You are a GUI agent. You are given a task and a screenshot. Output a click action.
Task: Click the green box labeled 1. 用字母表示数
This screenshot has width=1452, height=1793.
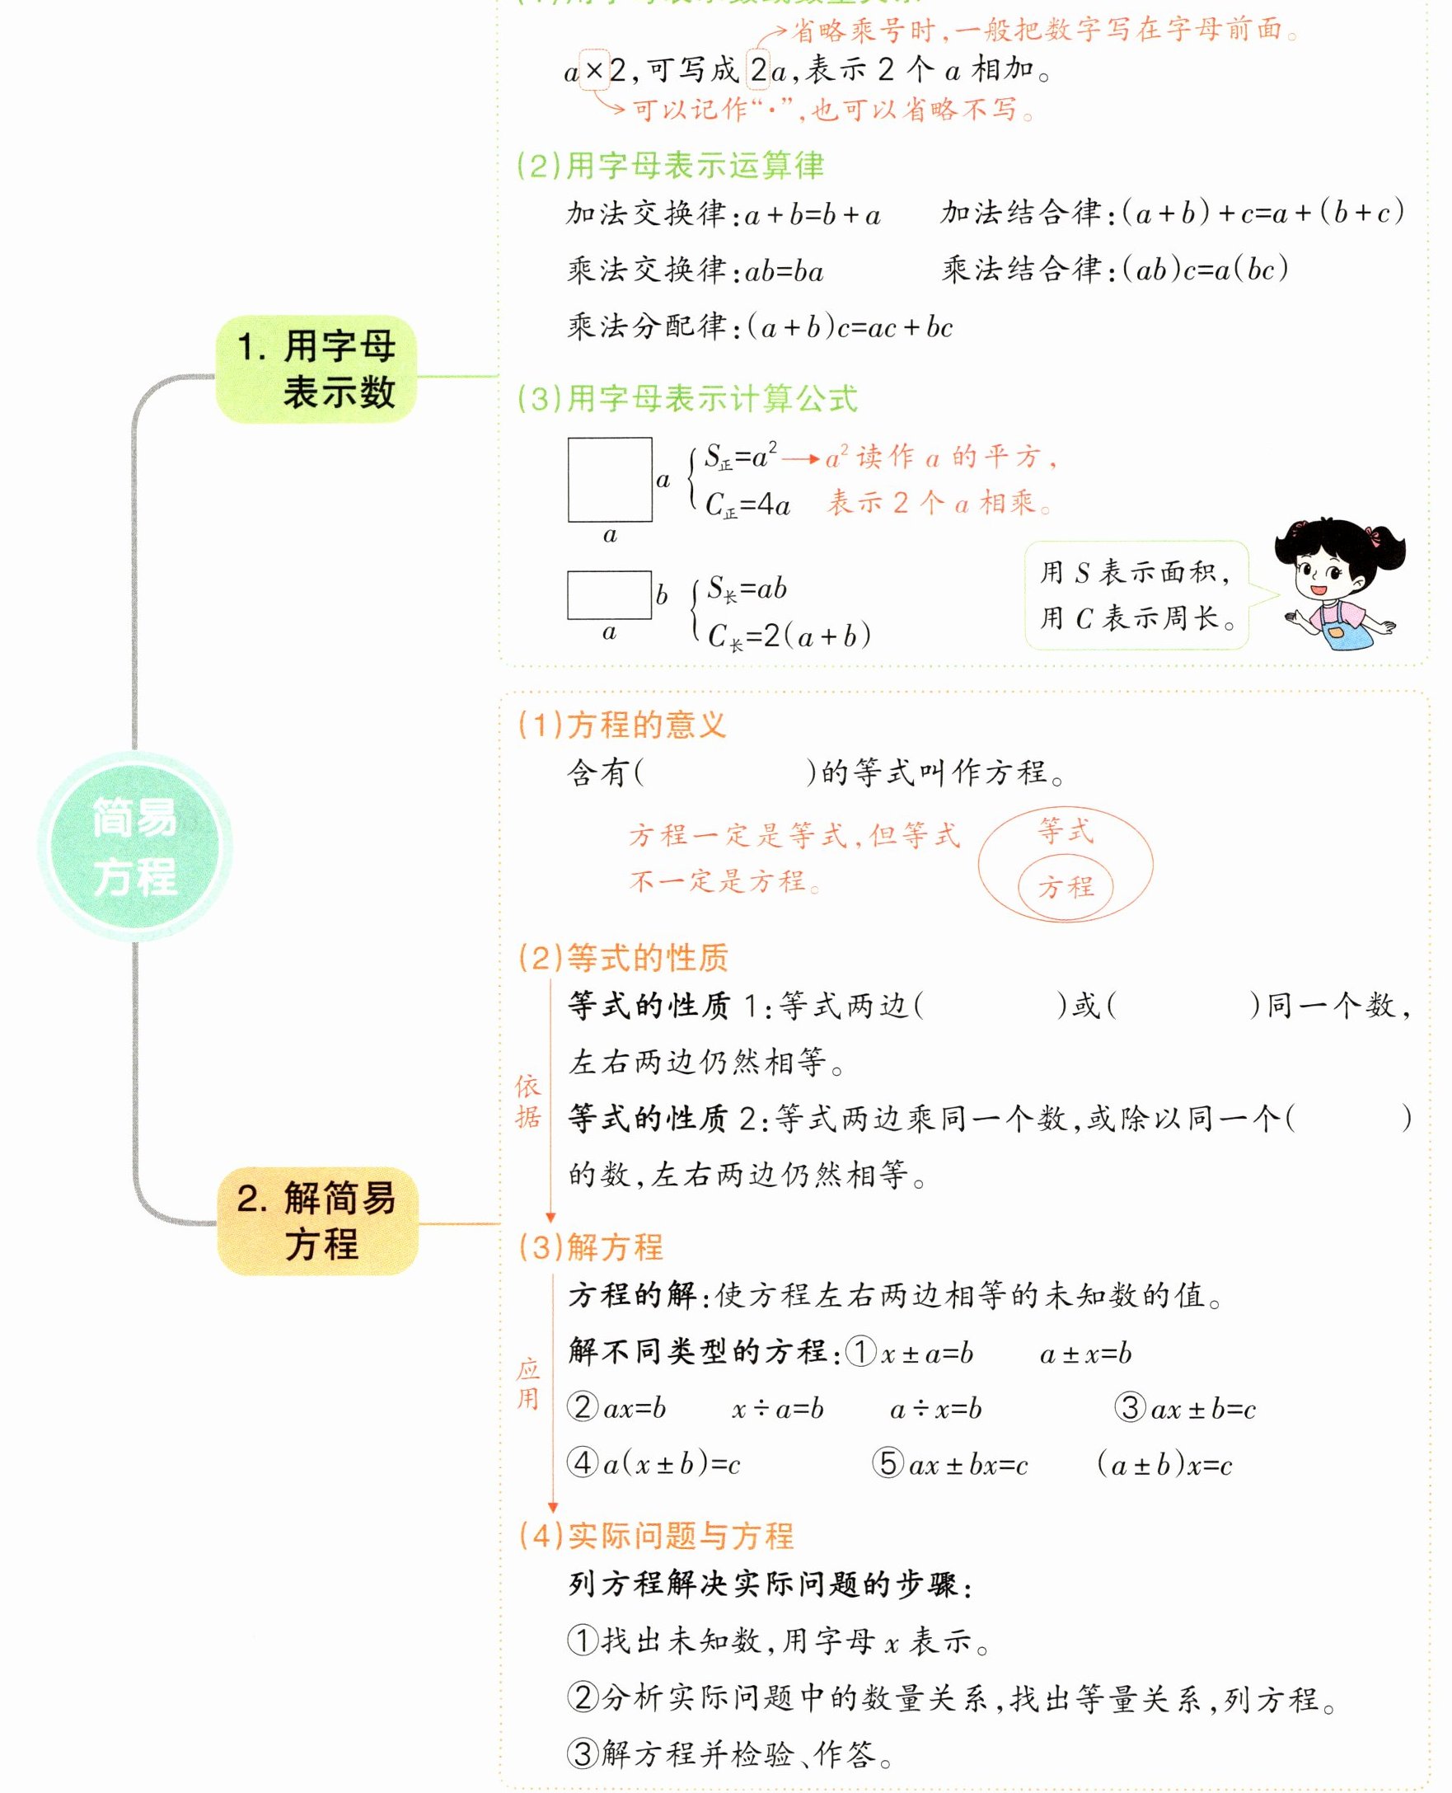[x=316, y=369]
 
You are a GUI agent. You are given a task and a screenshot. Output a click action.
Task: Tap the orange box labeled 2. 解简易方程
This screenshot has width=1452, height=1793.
[x=317, y=1221]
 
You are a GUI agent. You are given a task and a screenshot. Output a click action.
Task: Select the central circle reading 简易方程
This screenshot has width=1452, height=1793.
[x=134, y=846]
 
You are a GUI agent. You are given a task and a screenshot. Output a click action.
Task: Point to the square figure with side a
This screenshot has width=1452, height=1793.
[x=610, y=480]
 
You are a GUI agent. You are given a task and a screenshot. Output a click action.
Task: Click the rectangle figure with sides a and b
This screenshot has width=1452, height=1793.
[x=609, y=595]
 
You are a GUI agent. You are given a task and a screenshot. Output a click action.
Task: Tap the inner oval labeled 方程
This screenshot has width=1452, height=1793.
[x=1066, y=887]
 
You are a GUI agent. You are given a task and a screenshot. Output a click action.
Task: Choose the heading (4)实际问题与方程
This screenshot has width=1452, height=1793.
[x=656, y=1535]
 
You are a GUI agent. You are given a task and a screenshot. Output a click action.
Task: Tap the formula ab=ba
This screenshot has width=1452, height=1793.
[x=784, y=271]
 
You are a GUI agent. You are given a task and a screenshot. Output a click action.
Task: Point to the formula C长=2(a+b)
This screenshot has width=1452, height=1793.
[x=789, y=636]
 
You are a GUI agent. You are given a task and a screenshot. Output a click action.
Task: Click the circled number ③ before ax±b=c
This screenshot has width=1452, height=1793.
[x=1129, y=1407]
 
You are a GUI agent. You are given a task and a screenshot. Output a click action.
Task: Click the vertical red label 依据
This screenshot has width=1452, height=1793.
[x=527, y=1101]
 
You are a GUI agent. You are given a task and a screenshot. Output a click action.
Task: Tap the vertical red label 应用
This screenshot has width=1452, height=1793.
[x=527, y=1384]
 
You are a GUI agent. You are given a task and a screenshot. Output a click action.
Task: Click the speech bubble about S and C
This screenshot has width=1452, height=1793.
[x=1136, y=595]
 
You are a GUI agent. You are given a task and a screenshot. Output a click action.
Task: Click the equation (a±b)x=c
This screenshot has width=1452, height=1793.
[x=1164, y=1464]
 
